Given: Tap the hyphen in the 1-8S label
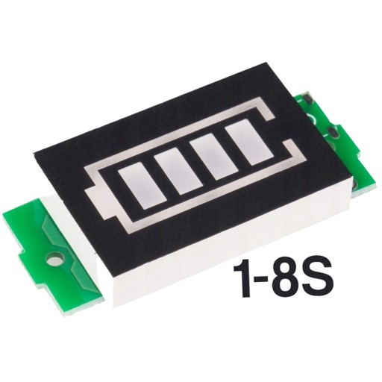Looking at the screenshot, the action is click(x=257, y=278).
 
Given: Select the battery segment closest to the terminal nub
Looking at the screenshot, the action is click(x=142, y=186).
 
